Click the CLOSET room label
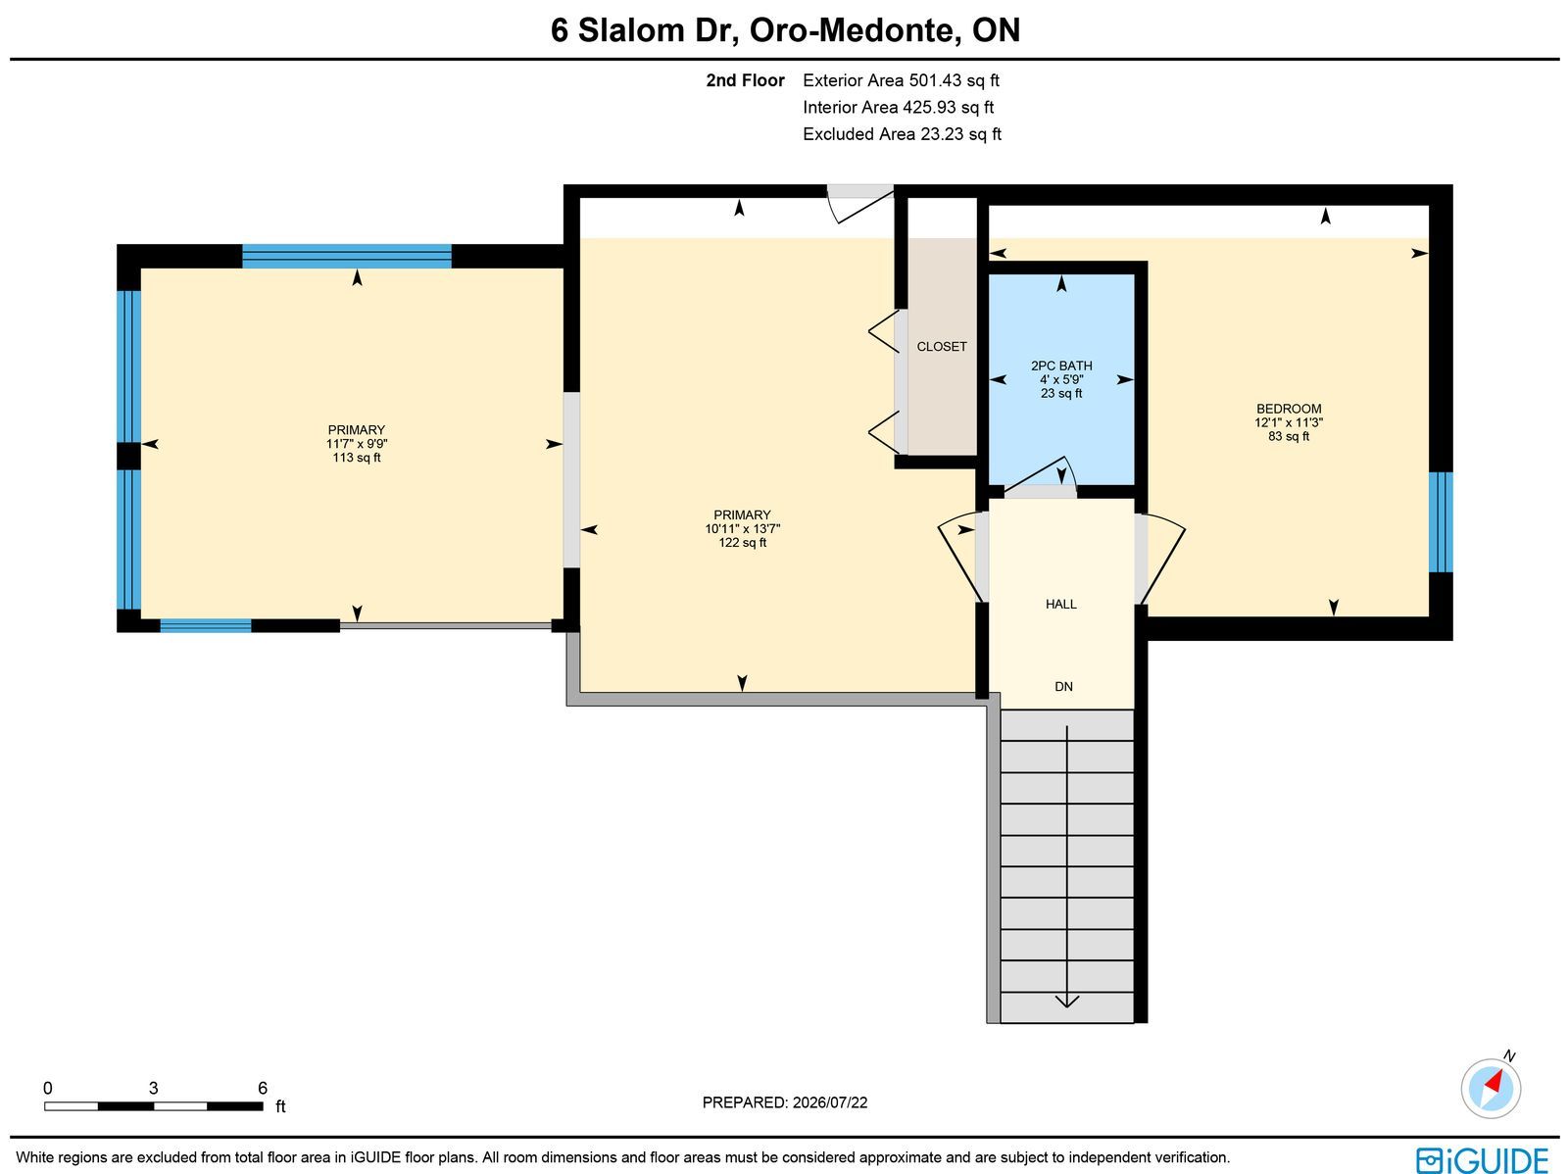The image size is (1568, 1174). pos(942,346)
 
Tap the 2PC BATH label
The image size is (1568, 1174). pos(1061,366)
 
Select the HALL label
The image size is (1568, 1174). pos(1060,604)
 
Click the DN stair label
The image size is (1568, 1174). pos(1063,686)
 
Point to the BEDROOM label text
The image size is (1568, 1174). pos(1289,409)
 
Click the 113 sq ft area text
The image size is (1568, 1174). pos(357,457)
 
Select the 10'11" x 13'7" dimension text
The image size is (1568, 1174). pos(742,528)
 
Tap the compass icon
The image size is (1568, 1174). pos(1491,1088)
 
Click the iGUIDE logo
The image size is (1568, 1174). pos(1482,1159)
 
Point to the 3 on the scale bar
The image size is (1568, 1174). pos(153,1088)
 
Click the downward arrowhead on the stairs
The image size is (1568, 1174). pos(1066,1002)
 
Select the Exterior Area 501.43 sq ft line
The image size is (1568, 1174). pos(901,80)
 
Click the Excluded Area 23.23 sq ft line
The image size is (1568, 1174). pos(902,133)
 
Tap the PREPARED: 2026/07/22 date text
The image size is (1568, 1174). pos(784,1101)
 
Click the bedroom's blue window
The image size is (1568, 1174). pos(1441,522)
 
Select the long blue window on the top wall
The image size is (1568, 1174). pos(347,256)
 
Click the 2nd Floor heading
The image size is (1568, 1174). pos(745,80)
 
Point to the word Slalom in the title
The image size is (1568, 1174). pos(631,30)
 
